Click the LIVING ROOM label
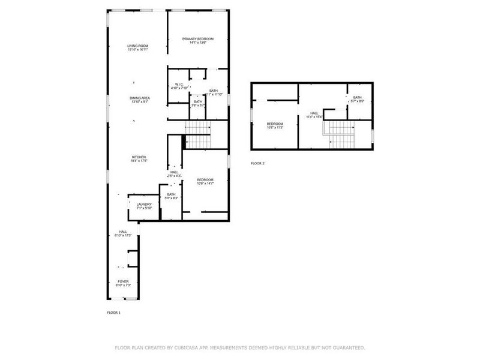pos(138,46)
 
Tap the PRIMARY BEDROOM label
pos(198,39)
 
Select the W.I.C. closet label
pos(179,84)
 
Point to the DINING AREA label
pos(140,98)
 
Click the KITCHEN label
pos(139,157)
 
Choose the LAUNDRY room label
pos(143,204)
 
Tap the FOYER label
pos(123,281)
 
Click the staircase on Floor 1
pos(197,135)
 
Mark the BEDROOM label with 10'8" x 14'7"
pos(205,180)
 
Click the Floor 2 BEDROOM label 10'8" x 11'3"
pos(275,124)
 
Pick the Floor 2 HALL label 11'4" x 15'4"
pos(314,113)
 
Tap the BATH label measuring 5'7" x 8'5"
pos(357,98)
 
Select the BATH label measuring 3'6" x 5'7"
pos(198,101)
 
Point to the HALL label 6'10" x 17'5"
pos(123,232)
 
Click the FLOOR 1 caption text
pos(113,313)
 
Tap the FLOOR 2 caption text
pos(257,163)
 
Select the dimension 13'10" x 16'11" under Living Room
pos(138,50)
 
